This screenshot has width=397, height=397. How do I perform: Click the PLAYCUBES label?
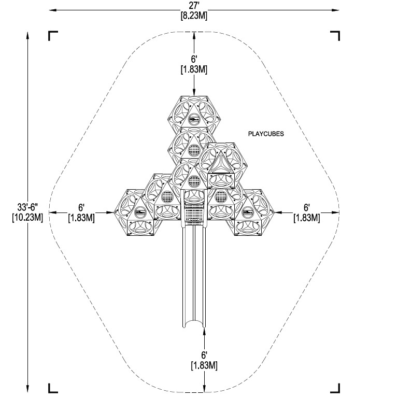click(x=266, y=134)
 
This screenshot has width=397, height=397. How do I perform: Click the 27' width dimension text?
click(x=194, y=6)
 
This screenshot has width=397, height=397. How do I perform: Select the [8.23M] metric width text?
click(x=194, y=16)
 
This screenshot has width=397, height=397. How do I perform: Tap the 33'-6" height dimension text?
click(x=27, y=207)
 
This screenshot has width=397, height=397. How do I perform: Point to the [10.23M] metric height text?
click(x=27, y=217)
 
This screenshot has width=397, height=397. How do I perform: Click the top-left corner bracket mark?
click(x=53, y=36)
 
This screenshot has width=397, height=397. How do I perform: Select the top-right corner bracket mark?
click(x=335, y=36)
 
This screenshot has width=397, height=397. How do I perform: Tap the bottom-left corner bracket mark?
click(x=53, y=388)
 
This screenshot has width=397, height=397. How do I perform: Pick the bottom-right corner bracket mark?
click(x=335, y=388)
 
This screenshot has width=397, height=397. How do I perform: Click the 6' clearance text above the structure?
click(x=194, y=59)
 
